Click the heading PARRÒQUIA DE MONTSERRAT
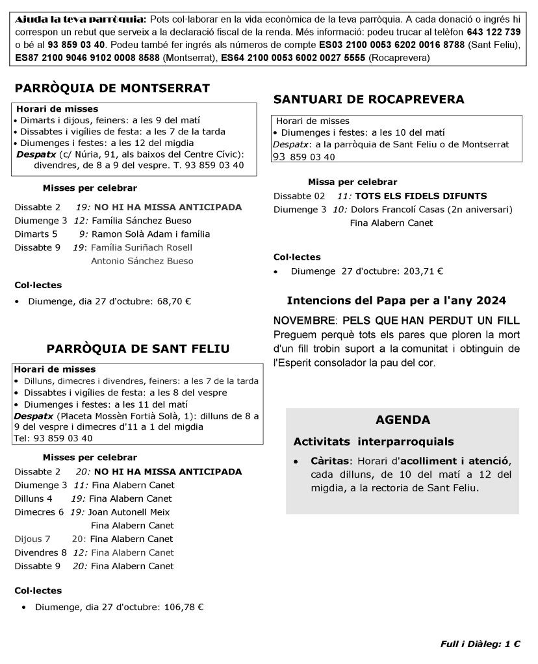[x=112, y=88]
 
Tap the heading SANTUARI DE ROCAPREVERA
[x=368, y=99]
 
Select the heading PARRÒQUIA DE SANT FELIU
[x=138, y=349]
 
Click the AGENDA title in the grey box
[x=402, y=420]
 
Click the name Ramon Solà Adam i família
[x=151, y=234]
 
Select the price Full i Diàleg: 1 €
[x=480, y=644]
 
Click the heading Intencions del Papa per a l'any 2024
[x=396, y=301]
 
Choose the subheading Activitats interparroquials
[x=373, y=442]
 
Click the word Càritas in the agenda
[x=329, y=461]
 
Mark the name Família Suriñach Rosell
[x=142, y=247]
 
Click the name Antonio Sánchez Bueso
[x=142, y=261]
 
